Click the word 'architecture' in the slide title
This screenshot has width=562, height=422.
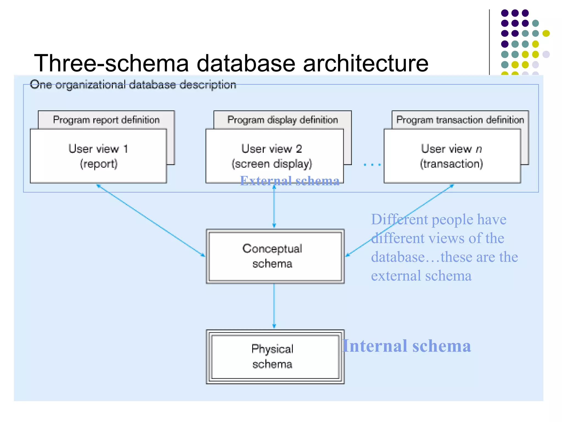tap(366, 63)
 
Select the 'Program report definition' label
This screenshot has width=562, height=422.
tap(106, 120)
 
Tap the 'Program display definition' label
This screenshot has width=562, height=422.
tap(282, 120)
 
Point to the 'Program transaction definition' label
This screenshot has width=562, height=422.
tap(460, 120)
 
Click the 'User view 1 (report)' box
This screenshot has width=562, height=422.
tap(98, 156)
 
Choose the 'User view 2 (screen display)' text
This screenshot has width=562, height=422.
tap(272, 156)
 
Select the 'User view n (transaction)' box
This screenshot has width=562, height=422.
tap(452, 156)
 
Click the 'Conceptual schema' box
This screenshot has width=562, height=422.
tap(275, 256)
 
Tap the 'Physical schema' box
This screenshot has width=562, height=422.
tap(275, 357)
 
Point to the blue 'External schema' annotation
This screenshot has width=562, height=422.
tap(290, 181)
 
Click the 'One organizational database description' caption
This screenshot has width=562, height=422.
tap(133, 85)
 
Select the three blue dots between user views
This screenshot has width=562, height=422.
tap(372, 165)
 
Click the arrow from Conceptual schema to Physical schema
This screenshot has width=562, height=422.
tap(274, 306)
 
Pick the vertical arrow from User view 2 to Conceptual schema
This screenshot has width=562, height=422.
tap(274, 206)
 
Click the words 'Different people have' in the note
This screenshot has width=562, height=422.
tap(439, 220)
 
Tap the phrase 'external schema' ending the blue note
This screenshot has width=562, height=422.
tap(421, 276)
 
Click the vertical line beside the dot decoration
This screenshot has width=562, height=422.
tap(489, 41)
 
